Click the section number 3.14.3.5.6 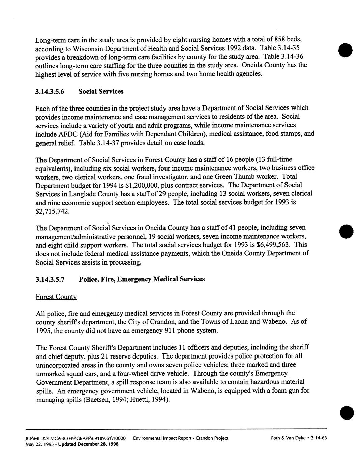(52, 92)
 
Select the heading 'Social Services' (101, 92)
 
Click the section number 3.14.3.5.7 (52, 279)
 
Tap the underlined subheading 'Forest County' (56, 297)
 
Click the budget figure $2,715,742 (53, 211)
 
